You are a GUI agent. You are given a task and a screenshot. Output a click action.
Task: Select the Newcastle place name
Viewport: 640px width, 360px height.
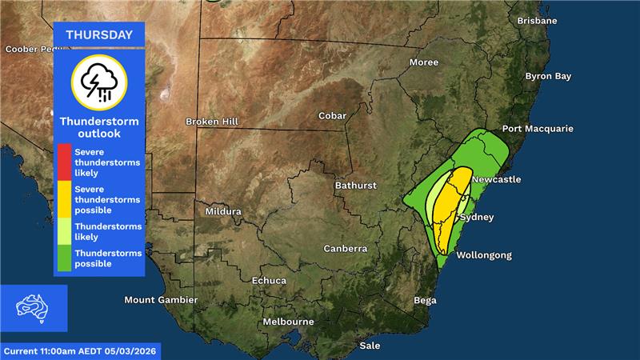tap(496, 179)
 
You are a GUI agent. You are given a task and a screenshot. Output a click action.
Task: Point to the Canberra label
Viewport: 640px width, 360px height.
tap(345, 249)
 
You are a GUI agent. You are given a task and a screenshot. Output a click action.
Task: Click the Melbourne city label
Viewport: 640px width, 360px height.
tap(288, 322)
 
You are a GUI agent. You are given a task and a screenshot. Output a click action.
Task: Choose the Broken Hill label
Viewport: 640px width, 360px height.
tap(212, 122)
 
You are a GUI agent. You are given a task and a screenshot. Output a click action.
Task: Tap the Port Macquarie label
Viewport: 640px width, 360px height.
tap(538, 129)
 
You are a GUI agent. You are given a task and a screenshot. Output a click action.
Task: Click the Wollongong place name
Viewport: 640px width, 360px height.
tap(483, 256)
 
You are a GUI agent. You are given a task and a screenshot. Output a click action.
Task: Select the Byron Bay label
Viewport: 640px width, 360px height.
tap(548, 77)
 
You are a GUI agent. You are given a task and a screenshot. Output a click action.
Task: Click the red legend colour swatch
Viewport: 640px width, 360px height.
tap(62, 162)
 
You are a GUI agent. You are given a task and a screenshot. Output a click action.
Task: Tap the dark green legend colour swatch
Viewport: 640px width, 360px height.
tap(62, 258)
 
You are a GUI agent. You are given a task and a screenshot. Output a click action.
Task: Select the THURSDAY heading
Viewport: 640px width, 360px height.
tap(99, 34)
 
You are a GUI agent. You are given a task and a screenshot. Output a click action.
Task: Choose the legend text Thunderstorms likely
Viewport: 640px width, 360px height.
tap(108, 231)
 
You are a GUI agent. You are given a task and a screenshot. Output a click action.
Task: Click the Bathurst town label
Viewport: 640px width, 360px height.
tap(355, 186)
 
